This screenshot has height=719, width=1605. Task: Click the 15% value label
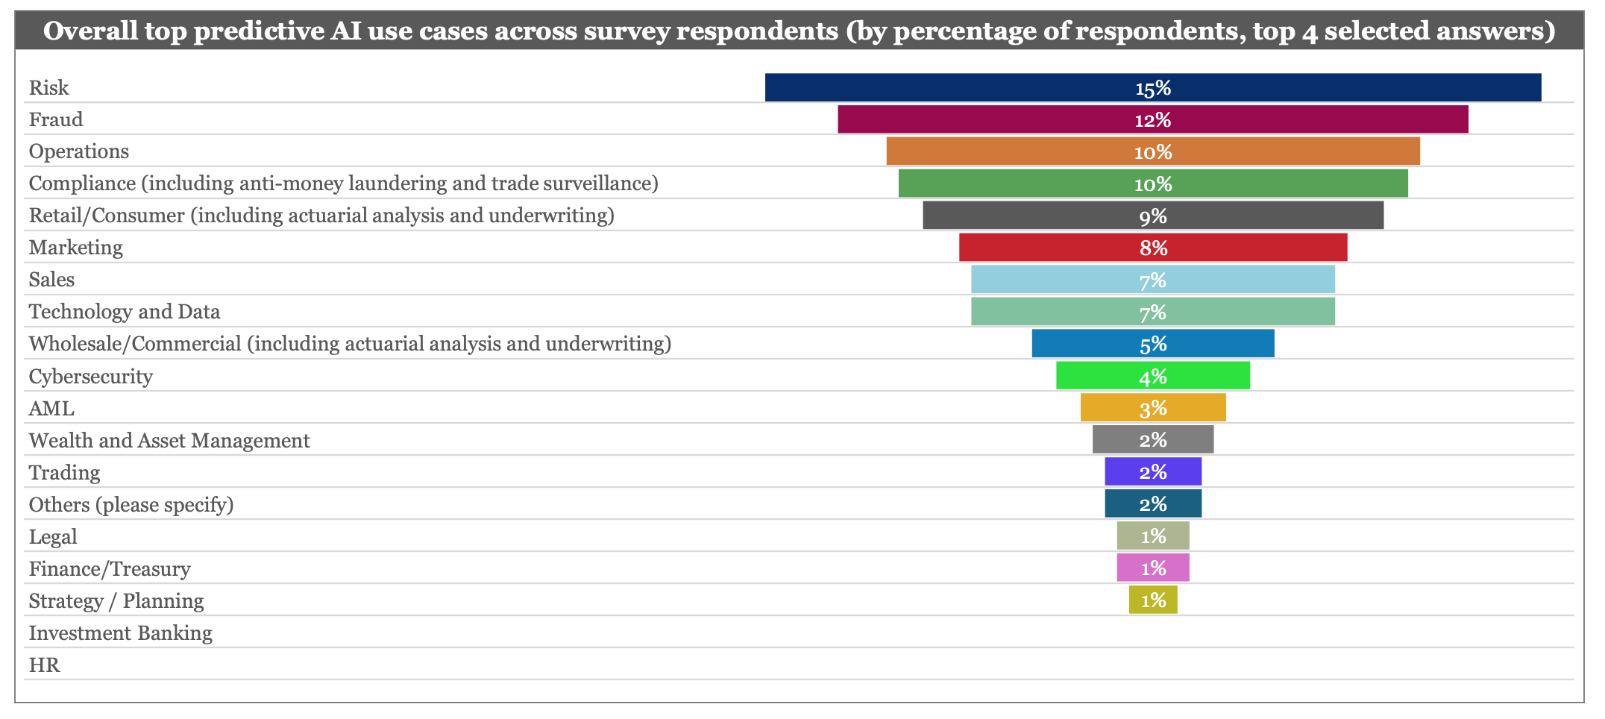click(1153, 89)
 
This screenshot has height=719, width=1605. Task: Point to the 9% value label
click(1153, 216)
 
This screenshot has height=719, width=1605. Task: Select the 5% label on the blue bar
click(1153, 344)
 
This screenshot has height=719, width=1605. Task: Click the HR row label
click(45, 665)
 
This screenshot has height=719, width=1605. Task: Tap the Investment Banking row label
click(121, 633)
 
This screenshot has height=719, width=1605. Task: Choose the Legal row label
click(53, 537)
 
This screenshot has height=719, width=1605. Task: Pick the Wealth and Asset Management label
click(169, 441)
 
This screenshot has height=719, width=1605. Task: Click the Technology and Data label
click(125, 312)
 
